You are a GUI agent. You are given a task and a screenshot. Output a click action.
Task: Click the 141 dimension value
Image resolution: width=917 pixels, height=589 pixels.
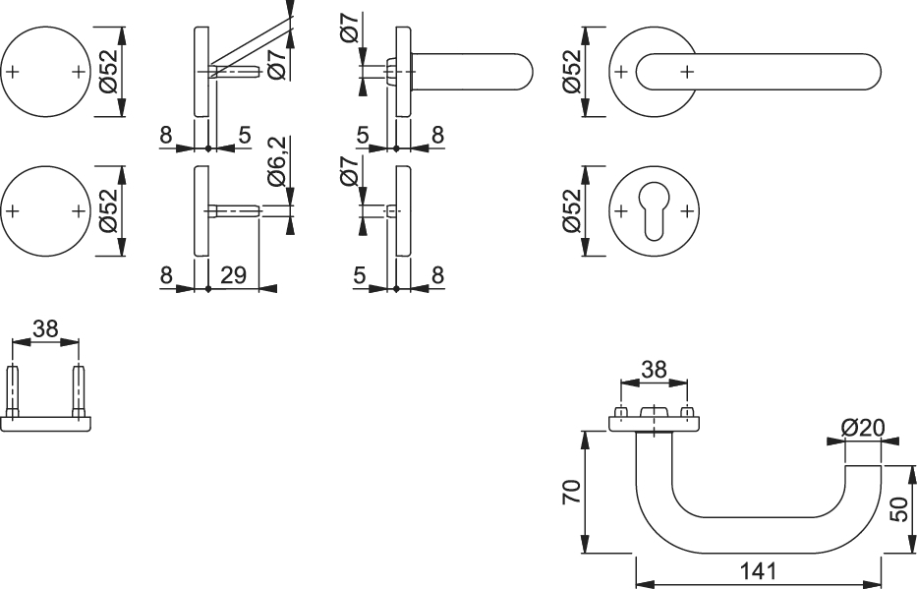pyautogui.click(x=758, y=570)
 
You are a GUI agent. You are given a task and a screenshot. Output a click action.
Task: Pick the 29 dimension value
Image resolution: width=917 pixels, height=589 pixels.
pyautogui.click(x=234, y=275)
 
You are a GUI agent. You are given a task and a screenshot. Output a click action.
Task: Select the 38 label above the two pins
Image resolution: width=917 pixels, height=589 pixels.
pyautogui.click(x=45, y=329)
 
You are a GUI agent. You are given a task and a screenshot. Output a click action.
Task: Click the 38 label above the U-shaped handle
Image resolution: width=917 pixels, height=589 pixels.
pyautogui.click(x=654, y=370)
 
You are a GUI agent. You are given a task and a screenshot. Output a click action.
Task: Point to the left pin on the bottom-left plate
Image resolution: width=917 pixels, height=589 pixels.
pyautogui.click(x=13, y=391)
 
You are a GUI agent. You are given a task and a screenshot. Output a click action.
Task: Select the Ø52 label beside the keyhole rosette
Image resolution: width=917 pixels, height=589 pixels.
pyautogui.click(x=572, y=210)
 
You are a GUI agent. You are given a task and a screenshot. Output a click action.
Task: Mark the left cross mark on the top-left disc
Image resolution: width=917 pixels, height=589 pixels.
pyautogui.click(x=13, y=72)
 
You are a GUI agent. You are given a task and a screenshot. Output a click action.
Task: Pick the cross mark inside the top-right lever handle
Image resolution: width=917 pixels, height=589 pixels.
pyautogui.click(x=687, y=71)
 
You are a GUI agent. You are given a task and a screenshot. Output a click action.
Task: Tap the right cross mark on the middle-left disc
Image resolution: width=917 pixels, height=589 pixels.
pyautogui.click(x=78, y=210)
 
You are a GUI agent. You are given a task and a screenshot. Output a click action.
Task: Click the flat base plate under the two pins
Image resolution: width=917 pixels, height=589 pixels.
pyautogui.click(x=45, y=422)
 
